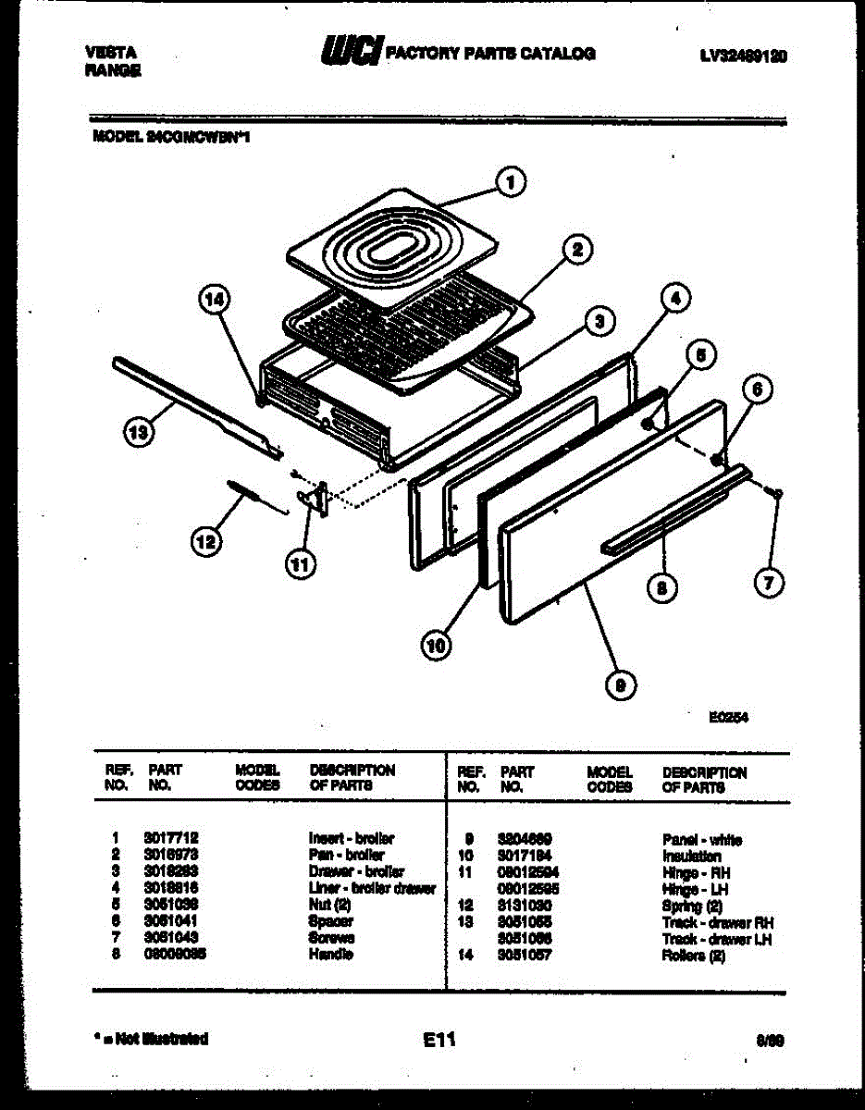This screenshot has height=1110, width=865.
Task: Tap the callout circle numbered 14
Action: pos(215,300)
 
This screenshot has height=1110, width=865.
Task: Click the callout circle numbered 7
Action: pos(768,582)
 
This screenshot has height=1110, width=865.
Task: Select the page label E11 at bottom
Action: pos(440,1040)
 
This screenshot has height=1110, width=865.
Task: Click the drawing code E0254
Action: pos(730,715)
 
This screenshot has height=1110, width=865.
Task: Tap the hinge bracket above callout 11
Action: pos(316,498)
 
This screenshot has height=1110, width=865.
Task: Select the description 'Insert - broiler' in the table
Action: pos(352,839)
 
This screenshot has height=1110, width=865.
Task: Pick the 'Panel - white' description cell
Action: pos(701,840)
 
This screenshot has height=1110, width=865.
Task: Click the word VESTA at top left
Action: pos(105,54)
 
